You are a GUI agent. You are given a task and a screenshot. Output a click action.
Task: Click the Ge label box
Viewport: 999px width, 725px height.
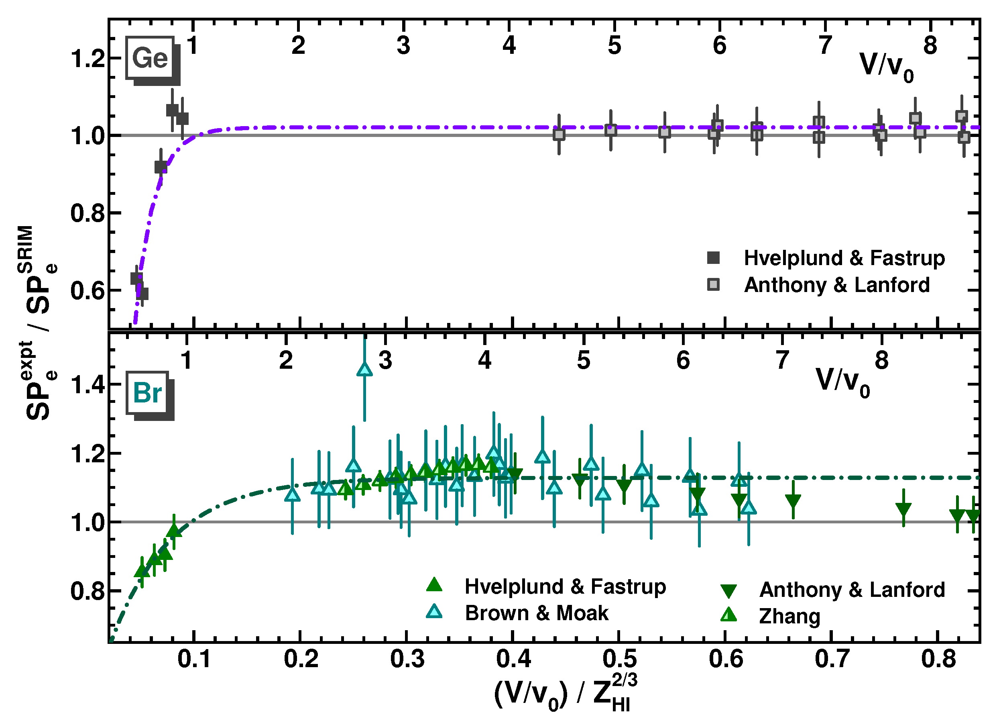coord(150,58)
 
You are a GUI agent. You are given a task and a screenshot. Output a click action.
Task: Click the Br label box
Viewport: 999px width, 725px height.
coord(147,393)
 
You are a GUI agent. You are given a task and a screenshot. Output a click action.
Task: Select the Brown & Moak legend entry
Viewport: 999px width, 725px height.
coord(536,613)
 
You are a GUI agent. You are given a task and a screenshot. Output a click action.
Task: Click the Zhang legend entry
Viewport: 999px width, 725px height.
coord(789,616)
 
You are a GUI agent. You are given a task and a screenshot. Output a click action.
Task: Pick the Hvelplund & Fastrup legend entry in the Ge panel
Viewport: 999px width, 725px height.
coord(844,258)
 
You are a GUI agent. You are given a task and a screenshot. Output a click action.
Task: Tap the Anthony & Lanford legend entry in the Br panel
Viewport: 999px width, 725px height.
coord(851,590)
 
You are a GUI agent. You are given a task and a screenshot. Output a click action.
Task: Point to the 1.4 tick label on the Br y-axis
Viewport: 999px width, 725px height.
coord(88,385)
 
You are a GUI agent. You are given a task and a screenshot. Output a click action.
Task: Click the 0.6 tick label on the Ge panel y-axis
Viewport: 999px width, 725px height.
coord(88,291)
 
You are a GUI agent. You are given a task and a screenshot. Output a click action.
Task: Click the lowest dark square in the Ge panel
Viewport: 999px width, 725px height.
coord(142,294)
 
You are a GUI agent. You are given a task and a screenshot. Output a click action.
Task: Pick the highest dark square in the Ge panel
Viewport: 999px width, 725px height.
coord(172,110)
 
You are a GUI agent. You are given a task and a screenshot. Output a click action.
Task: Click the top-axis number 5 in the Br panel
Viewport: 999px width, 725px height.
coord(584,361)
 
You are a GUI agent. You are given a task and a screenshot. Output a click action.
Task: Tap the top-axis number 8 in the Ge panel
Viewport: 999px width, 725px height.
coord(930,45)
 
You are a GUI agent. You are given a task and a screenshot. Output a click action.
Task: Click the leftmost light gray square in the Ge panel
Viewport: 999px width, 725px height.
coord(559,135)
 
